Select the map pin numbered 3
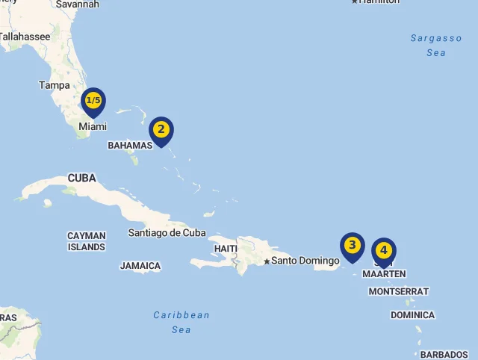tap(352, 246)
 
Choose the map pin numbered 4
tap(383, 251)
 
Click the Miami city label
tap(93, 126)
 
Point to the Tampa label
tap(55, 85)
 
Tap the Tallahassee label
tap(26, 36)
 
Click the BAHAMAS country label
tap(130, 145)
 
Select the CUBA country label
tap(82, 178)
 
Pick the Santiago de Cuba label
tap(167, 232)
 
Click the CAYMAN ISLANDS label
tap(87, 240)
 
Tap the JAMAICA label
tap(140, 265)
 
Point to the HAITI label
tap(226, 248)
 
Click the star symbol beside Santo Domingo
tap(267, 261)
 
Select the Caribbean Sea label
tap(181, 322)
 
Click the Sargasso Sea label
tap(436, 45)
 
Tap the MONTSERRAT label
tap(399, 291)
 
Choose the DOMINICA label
tap(412, 315)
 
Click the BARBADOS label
tap(444, 354)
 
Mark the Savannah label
tap(77, 4)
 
